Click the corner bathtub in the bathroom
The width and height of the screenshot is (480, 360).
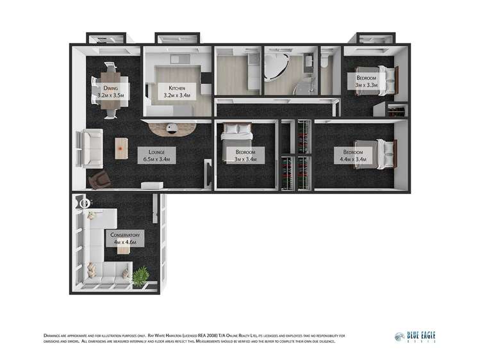point(277,67)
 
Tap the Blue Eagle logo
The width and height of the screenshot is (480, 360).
point(415,337)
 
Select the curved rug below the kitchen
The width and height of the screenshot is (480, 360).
point(171,130)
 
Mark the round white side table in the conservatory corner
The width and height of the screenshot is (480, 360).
point(87,204)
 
